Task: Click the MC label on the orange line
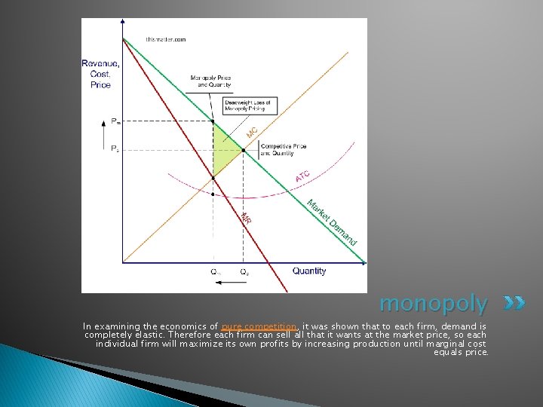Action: click(x=253, y=132)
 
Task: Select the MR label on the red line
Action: click(x=246, y=218)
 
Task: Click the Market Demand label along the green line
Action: click(x=332, y=222)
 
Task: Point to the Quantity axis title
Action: click(x=309, y=271)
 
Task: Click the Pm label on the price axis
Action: click(x=115, y=121)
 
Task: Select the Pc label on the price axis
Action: click(x=115, y=149)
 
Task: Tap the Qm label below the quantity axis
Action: click(x=215, y=271)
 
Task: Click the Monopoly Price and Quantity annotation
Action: click(x=210, y=81)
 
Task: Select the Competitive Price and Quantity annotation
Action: click(x=278, y=150)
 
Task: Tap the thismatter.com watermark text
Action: click(x=165, y=38)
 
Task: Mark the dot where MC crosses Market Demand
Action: click(x=244, y=150)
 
